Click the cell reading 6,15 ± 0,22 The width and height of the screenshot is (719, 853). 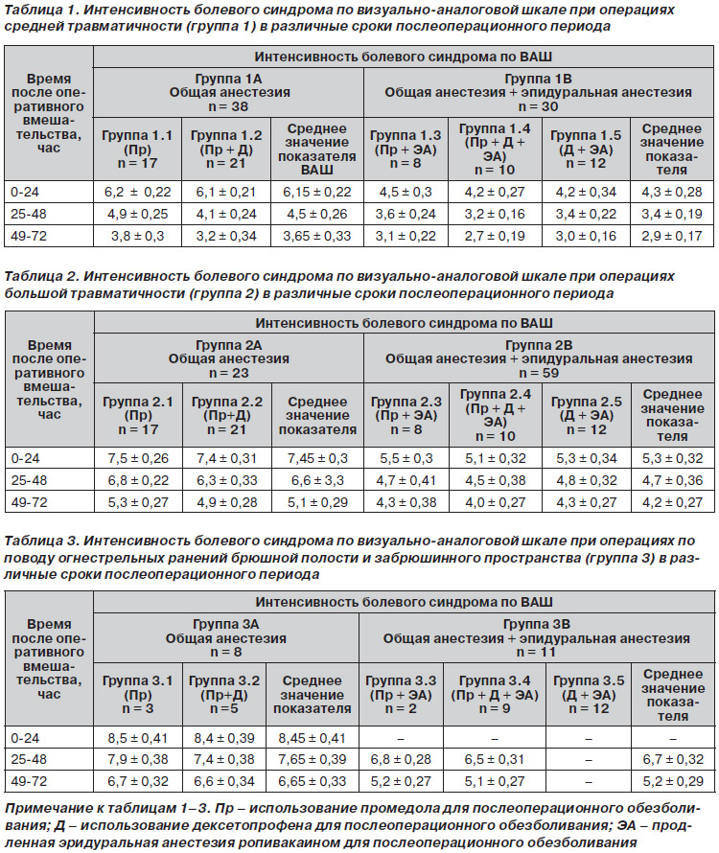(x=316, y=192)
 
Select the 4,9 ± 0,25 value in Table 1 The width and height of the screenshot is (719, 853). (x=138, y=215)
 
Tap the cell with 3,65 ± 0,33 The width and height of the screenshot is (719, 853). (x=316, y=236)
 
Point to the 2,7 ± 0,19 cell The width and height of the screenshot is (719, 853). (x=495, y=236)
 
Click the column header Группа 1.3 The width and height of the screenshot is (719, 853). (x=406, y=150)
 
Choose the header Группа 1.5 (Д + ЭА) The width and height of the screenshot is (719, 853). (x=586, y=150)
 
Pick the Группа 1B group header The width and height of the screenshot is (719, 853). (x=539, y=92)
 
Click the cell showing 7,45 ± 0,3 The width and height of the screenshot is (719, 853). (x=317, y=458)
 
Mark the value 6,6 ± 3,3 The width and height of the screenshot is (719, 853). (x=317, y=481)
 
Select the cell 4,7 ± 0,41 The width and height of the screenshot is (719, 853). (x=406, y=481)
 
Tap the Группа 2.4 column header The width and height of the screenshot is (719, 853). (x=496, y=415)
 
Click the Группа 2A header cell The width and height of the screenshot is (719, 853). (x=228, y=359)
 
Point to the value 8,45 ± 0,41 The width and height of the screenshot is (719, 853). (x=312, y=738)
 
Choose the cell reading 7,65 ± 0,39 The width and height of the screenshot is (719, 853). (x=312, y=759)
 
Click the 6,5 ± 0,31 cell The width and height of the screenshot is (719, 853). (x=495, y=759)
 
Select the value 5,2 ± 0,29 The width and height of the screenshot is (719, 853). (x=673, y=782)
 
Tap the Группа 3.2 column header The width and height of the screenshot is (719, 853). (x=224, y=695)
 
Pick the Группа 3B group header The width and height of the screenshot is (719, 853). (x=537, y=638)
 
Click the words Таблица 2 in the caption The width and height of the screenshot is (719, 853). (x=38, y=276)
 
